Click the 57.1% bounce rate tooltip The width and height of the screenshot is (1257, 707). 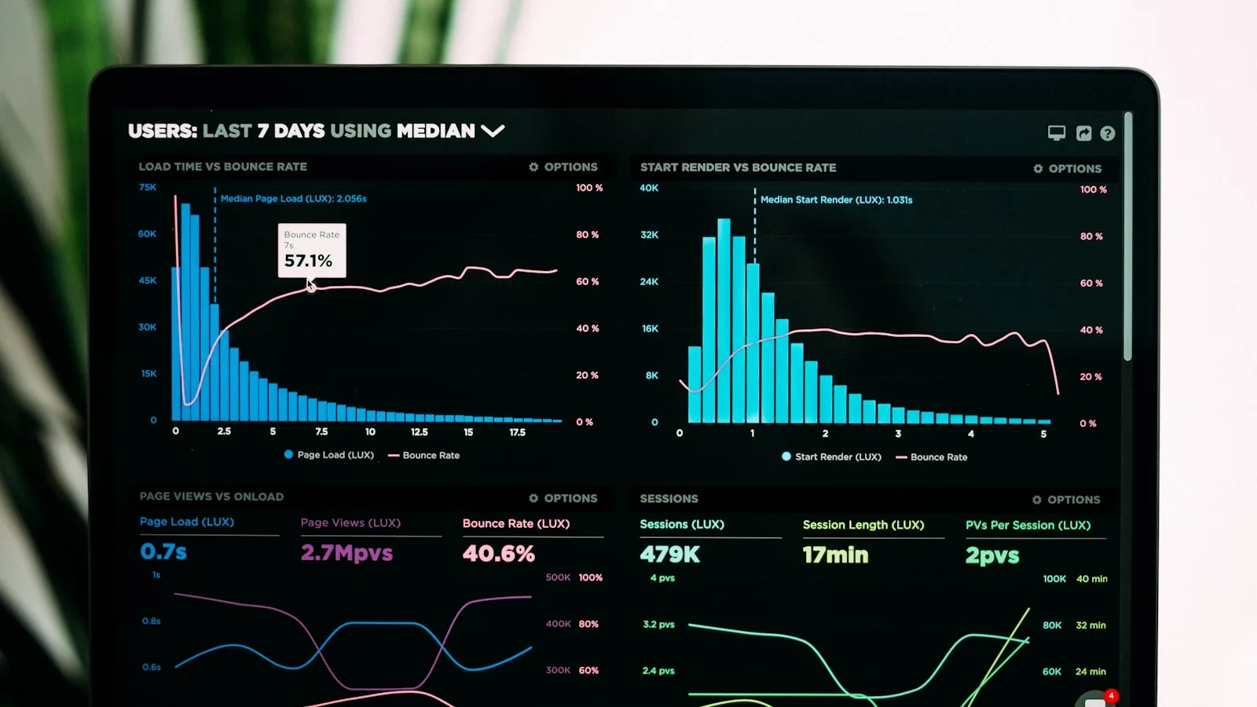click(x=311, y=251)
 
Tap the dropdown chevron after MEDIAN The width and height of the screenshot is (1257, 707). click(x=493, y=130)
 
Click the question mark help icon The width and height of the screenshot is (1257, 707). click(x=1107, y=134)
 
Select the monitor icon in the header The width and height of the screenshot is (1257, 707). click(x=1057, y=133)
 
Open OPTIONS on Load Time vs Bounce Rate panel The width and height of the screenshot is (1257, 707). click(x=563, y=167)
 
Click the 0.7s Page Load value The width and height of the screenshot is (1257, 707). click(x=163, y=551)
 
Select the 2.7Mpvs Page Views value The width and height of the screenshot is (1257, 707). click(x=346, y=553)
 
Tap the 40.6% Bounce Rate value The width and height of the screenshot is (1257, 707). click(x=498, y=554)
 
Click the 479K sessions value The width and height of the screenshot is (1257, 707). click(x=669, y=555)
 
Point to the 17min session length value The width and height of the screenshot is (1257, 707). click(x=835, y=555)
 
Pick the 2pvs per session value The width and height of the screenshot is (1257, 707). click(x=992, y=556)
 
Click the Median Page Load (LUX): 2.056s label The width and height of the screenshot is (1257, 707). click(x=293, y=199)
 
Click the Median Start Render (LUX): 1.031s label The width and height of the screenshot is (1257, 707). click(x=836, y=200)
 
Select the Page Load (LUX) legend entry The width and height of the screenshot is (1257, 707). click(x=329, y=455)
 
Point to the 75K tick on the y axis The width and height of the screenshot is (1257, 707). click(x=148, y=187)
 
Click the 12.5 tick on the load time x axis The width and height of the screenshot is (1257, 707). click(x=420, y=432)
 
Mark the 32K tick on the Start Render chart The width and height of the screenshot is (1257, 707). click(x=649, y=235)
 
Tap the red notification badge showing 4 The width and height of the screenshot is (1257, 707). click(x=1110, y=696)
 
